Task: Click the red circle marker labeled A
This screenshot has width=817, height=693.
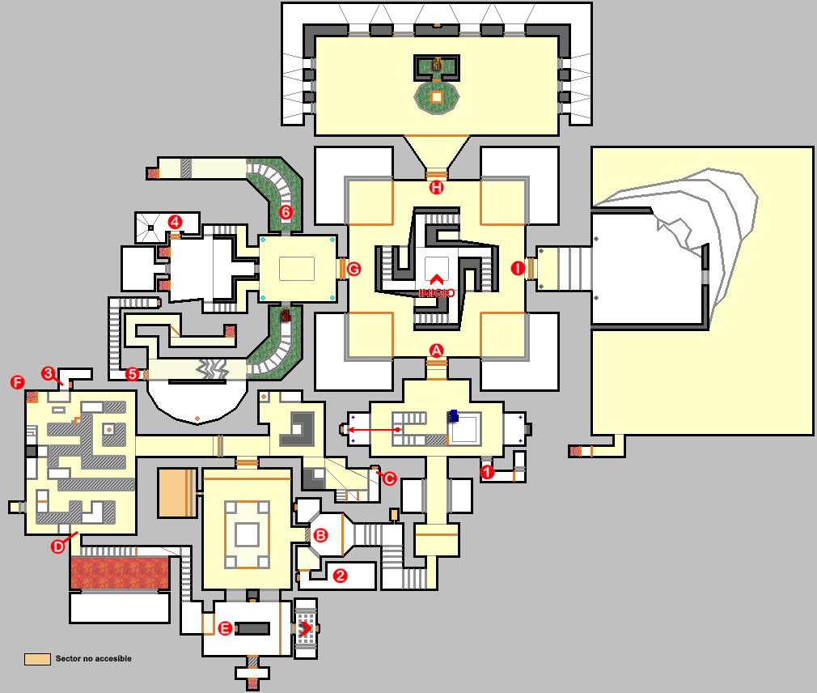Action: point(437,351)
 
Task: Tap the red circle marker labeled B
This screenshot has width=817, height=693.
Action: point(320,535)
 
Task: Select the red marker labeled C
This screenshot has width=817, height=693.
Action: point(388,478)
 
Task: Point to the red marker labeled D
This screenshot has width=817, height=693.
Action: point(58,546)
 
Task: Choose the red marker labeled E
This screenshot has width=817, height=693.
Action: point(226,628)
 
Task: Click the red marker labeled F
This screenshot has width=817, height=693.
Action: point(17,382)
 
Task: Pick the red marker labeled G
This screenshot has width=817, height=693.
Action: point(353,269)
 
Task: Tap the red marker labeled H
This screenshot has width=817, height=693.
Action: point(437,189)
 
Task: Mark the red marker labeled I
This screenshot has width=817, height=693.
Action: point(518,269)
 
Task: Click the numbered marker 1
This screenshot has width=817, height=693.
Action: point(487,471)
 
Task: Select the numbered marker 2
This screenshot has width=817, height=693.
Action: point(341,576)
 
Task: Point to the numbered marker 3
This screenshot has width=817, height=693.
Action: point(49,373)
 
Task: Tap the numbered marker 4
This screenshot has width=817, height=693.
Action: point(174,221)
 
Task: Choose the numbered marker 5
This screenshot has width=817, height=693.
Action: point(133,374)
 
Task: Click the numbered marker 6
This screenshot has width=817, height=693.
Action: point(285,212)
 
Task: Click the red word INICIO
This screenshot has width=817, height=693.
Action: point(437,292)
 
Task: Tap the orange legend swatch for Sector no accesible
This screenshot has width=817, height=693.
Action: point(37,659)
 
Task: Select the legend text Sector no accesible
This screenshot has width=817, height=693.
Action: point(93,659)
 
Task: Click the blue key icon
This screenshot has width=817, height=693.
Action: point(454,415)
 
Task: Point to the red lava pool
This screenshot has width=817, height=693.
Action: point(119,572)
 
